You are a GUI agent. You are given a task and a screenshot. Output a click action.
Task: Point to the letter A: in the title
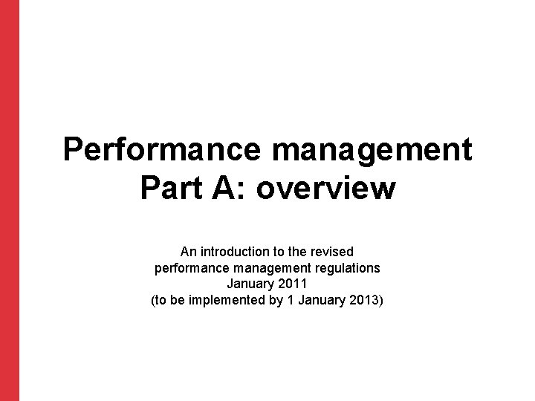click(x=231, y=189)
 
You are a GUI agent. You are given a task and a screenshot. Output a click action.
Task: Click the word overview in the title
click(x=327, y=189)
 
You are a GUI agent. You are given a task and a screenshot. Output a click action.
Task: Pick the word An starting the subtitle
click(x=189, y=252)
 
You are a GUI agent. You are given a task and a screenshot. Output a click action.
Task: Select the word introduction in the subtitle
click(x=240, y=252)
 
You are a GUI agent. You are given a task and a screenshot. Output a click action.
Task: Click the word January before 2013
click(x=319, y=301)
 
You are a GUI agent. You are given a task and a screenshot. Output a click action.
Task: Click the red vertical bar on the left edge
click(x=9, y=200)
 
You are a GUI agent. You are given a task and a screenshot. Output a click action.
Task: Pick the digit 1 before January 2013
click(x=290, y=301)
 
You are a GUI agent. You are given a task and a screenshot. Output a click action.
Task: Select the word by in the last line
click(x=273, y=301)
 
